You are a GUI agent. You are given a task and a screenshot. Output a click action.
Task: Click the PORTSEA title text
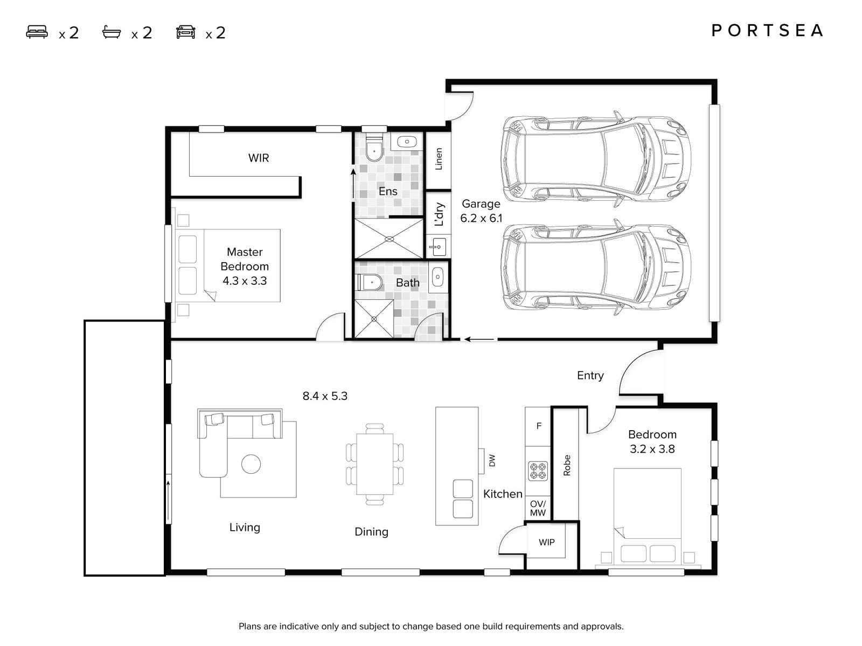tap(767, 31)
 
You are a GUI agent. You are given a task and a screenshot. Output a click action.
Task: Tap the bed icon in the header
tap(37, 32)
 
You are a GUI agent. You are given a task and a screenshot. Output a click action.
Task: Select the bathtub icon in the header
tap(112, 32)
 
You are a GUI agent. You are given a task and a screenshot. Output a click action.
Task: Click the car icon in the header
tap(186, 32)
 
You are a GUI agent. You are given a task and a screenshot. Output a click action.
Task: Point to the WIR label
tap(259, 158)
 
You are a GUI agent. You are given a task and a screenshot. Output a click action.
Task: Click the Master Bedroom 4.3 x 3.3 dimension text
tap(245, 281)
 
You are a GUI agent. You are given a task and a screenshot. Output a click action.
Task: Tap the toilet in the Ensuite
tap(374, 147)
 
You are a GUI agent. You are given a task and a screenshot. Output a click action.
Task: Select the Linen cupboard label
tap(439, 159)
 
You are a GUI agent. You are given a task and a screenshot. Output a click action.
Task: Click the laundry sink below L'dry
tap(439, 247)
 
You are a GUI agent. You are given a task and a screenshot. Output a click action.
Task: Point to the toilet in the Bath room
tap(370, 282)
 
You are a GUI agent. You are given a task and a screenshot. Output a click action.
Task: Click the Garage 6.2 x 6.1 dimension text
tap(481, 218)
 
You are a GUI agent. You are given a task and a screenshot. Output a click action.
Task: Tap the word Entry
tap(590, 375)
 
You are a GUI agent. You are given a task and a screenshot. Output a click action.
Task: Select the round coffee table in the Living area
tap(251, 464)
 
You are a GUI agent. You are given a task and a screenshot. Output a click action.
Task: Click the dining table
tap(374, 464)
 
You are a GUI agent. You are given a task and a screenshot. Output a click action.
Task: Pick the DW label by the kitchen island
tap(492, 460)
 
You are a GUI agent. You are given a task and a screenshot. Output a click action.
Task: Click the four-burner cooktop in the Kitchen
tap(538, 471)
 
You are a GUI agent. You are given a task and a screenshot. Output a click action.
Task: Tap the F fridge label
tap(539, 426)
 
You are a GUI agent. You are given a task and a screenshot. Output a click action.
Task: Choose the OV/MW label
tap(538, 508)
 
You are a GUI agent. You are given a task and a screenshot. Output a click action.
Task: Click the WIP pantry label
tap(547, 542)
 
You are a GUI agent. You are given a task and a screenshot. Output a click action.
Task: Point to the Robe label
tap(567, 465)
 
